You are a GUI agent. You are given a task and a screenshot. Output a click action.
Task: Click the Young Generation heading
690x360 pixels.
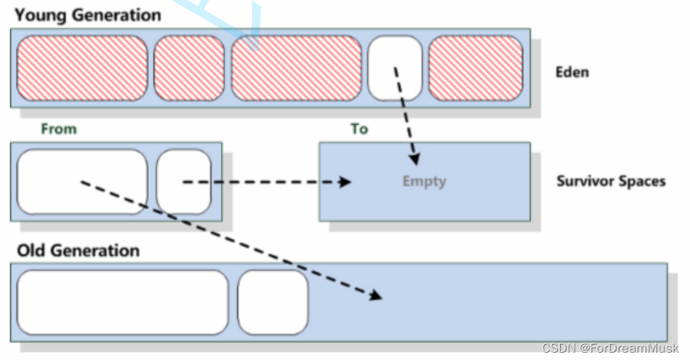coord(87,14)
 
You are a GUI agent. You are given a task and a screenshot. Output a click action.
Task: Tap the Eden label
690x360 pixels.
coord(572,72)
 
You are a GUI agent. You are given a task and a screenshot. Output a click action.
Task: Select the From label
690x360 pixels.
coord(59,129)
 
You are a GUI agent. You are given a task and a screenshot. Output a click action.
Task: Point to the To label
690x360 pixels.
coord(359,129)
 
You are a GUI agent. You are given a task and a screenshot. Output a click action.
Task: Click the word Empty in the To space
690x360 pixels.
coord(424,181)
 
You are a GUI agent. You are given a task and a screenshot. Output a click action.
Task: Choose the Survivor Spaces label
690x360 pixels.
coord(611,181)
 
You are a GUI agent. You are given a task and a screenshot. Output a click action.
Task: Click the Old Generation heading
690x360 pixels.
coord(78,251)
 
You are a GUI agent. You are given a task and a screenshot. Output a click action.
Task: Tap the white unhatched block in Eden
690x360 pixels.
coord(395,68)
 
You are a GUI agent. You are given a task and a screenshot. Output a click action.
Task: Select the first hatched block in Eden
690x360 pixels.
coord(82,68)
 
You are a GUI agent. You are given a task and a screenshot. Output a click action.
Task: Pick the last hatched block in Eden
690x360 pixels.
coord(475,68)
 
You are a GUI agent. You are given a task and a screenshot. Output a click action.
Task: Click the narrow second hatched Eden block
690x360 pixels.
coord(189,68)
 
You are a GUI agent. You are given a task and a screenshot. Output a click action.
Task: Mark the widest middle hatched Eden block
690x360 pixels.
coord(296,68)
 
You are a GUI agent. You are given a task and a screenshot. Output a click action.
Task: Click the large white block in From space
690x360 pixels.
coord(82,181)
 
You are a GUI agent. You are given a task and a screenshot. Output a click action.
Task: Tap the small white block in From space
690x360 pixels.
coord(184,181)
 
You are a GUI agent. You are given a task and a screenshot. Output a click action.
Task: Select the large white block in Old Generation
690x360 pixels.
coord(123,302)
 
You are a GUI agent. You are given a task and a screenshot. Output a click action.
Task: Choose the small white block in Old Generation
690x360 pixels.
coord(273,302)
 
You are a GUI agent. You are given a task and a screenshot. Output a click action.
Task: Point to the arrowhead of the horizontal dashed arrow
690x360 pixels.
coord(345,181)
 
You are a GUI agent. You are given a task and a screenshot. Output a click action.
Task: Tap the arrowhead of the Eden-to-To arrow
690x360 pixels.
coord(416,158)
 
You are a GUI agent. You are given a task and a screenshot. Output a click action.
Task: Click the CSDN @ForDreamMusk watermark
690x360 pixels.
coord(609,348)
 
